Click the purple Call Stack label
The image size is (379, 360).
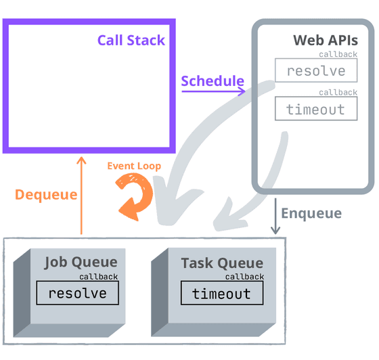coord(131,40)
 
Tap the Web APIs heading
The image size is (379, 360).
coord(325,40)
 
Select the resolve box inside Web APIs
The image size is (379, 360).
coord(316,71)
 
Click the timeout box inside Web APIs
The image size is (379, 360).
coord(316,109)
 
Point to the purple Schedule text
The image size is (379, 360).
coord(212,81)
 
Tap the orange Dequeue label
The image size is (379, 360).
coord(46,194)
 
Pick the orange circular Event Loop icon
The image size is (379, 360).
coord(133,196)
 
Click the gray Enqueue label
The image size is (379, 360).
coord(311,213)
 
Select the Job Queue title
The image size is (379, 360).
coord(81,262)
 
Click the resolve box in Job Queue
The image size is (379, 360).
coord(77,293)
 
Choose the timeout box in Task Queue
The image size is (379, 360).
coord(222,293)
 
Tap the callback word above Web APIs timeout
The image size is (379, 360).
coord(338,92)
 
